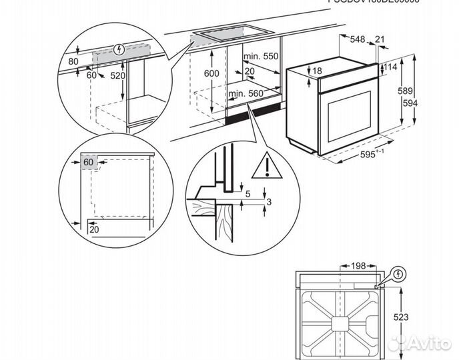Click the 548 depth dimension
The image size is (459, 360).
358,40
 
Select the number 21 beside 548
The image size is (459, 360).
380,40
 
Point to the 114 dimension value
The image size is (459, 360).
390,67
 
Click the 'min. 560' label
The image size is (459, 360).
246,94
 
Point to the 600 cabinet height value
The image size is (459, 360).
211,74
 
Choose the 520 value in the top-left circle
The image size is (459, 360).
117,76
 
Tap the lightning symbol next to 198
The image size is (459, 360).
398,273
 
